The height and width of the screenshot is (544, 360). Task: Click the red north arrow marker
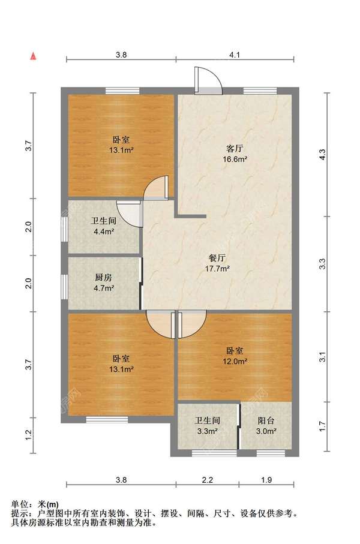(x=34, y=56)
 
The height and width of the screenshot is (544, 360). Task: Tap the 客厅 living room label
(x=235, y=149)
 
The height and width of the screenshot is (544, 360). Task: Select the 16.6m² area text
(x=235, y=160)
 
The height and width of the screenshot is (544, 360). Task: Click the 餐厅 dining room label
(x=217, y=258)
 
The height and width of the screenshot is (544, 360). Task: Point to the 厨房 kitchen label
(x=104, y=278)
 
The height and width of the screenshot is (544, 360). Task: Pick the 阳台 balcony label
(x=266, y=421)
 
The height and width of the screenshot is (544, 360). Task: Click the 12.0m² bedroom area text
(x=235, y=362)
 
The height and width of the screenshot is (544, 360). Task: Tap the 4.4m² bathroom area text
(x=104, y=232)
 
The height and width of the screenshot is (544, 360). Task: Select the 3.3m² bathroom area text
(x=207, y=432)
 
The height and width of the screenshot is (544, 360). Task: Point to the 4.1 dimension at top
(x=235, y=55)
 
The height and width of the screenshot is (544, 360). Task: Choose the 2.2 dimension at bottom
(x=207, y=480)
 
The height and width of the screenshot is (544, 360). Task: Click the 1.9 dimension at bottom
(x=266, y=480)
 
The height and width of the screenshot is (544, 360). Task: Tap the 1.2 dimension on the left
(x=29, y=434)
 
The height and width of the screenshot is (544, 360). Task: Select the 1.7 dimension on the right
(x=323, y=426)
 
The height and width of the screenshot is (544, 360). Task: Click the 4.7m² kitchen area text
(x=104, y=288)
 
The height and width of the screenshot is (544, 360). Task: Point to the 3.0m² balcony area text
(x=266, y=432)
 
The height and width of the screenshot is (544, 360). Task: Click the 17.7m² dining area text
(x=217, y=269)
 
